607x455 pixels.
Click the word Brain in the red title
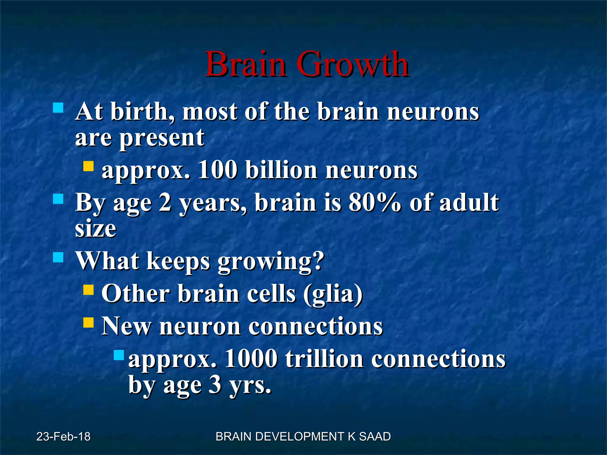click(x=246, y=64)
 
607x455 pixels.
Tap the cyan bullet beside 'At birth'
click(x=58, y=108)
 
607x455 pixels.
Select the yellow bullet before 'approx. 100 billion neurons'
click(x=88, y=166)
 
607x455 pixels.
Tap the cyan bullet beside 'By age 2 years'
click(x=58, y=199)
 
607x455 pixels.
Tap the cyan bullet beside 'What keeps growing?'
click(x=58, y=257)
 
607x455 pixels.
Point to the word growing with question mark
click(x=271, y=261)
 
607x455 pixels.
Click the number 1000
click(x=251, y=359)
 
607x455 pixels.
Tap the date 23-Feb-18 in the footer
click(x=63, y=437)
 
